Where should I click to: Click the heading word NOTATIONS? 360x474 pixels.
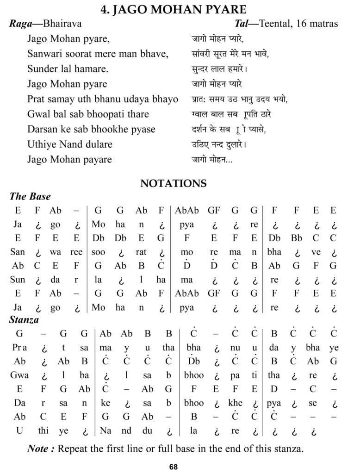pyautogui.click(x=174, y=183)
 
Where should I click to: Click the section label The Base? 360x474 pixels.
pyautogui.click(x=31, y=196)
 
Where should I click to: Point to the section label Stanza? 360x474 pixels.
pyautogui.click(x=24, y=319)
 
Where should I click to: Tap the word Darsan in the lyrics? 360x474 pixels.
pyautogui.click(x=42, y=129)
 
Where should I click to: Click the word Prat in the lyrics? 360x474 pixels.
pyautogui.click(x=36, y=99)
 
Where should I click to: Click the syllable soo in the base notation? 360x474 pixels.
pyautogui.click(x=99, y=252)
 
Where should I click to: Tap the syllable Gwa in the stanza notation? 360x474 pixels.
pyautogui.click(x=19, y=375)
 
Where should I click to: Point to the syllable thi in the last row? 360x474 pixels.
pyautogui.click(x=43, y=430)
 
